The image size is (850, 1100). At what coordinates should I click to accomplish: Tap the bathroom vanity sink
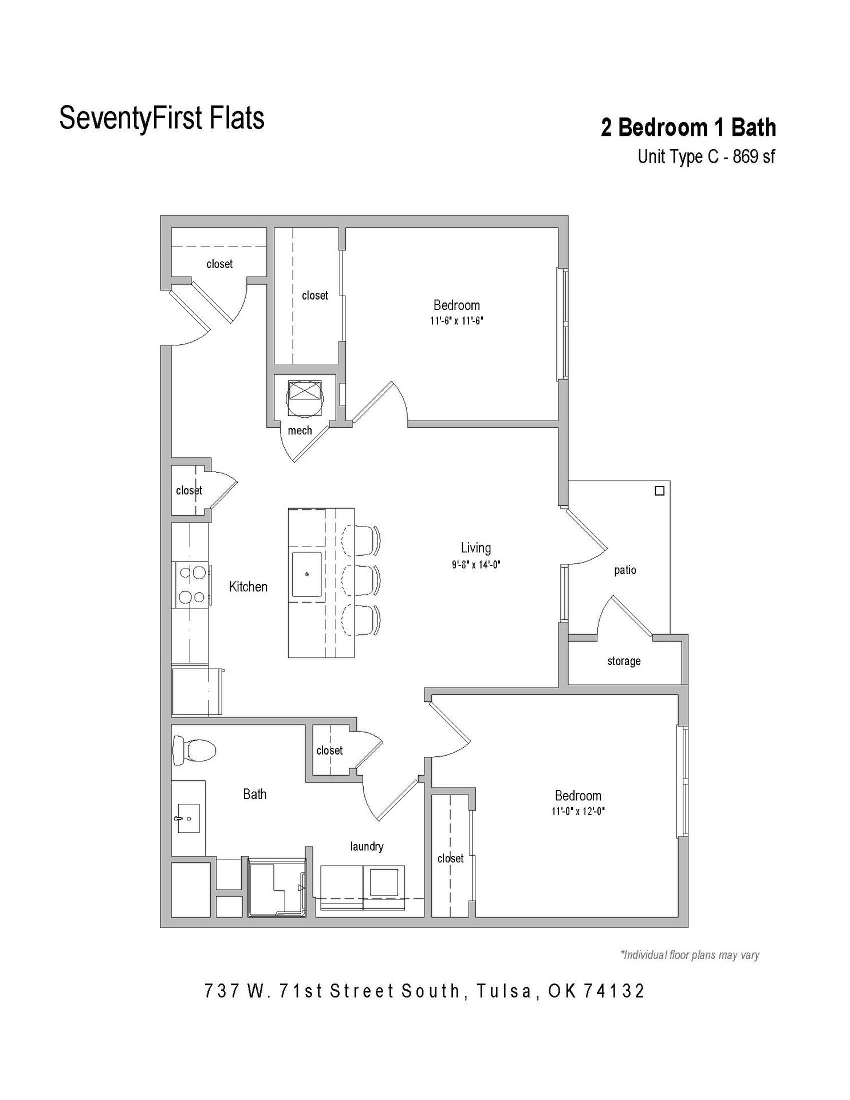pyautogui.click(x=187, y=819)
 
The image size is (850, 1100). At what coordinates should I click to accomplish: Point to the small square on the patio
pyautogui.click(x=659, y=491)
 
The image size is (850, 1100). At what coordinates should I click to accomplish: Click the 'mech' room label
pyautogui.click(x=300, y=431)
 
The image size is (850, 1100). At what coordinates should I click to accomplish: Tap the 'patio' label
pyautogui.click(x=625, y=570)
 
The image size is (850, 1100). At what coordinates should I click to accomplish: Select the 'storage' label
pyautogui.click(x=624, y=661)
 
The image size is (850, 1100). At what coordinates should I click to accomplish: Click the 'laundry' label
pyautogui.click(x=367, y=846)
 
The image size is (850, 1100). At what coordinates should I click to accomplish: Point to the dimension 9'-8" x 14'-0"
pyautogui.click(x=475, y=565)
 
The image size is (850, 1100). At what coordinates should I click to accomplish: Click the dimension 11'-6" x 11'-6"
pyautogui.click(x=457, y=321)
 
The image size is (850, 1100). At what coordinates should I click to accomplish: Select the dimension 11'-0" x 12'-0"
pyautogui.click(x=578, y=811)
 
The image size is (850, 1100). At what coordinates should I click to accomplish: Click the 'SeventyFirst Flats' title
pyautogui.click(x=162, y=118)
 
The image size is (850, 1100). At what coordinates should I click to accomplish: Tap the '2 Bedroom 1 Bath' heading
pyautogui.click(x=688, y=127)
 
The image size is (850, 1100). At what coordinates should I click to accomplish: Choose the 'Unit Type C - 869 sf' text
pyautogui.click(x=706, y=156)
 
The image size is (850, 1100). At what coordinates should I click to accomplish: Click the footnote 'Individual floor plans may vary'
pyautogui.click(x=690, y=955)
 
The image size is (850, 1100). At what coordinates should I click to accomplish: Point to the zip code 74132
pyautogui.click(x=614, y=991)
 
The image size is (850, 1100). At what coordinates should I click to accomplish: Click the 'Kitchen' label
pyautogui.click(x=248, y=587)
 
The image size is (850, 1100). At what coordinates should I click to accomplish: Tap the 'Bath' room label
pyautogui.click(x=254, y=794)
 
